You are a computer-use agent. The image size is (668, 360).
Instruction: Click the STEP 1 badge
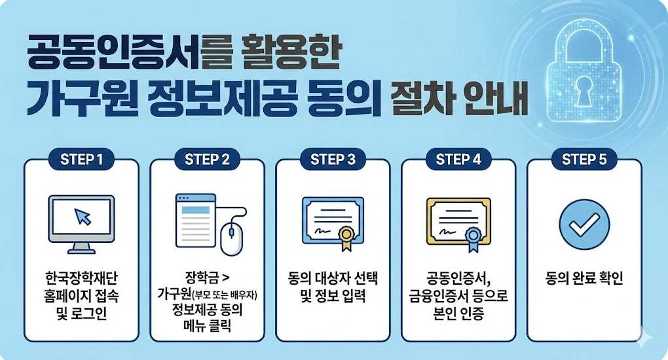tap(81, 160)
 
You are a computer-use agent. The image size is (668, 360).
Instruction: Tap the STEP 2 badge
tap(207, 160)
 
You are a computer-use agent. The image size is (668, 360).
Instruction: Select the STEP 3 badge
tap(333, 160)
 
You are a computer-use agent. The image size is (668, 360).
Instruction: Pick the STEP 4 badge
tap(458, 160)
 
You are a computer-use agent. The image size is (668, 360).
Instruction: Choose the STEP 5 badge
tap(584, 160)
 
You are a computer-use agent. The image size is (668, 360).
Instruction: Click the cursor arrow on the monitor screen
tap(83, 217)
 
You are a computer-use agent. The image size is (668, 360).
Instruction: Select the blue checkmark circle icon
tap(584, 225)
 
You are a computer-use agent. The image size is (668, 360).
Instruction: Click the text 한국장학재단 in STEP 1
tap(81, 279)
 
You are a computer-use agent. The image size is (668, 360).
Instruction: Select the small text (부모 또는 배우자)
tap(225, 295)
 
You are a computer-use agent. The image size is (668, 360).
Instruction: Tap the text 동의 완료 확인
tap(584, 279)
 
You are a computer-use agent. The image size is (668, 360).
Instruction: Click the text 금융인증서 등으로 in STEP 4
tap(458, 296)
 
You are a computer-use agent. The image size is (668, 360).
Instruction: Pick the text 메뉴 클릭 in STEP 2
tap(207, 327)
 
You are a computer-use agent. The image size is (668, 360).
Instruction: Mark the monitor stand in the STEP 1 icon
tap(81, 247)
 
